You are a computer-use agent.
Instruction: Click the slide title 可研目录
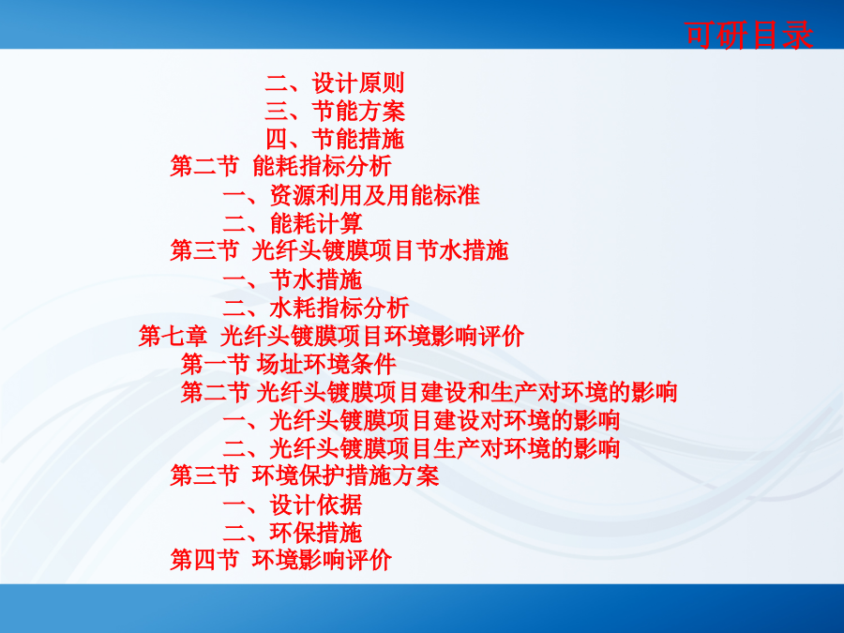click(748, 36)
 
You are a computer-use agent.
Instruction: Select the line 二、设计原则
click(334, 83)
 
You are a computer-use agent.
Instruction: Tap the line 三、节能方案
click(334, 112)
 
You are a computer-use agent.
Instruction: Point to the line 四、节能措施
click(334, 140)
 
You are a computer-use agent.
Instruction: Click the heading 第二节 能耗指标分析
click(280, 166)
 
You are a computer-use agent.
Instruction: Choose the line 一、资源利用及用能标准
click(351, 195)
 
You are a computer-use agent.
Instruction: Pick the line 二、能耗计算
click(293, 223)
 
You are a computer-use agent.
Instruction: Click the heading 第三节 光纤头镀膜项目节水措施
click(339, 250)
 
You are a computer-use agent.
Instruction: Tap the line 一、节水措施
click(293, 279)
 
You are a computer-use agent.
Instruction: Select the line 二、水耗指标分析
click(316, 308)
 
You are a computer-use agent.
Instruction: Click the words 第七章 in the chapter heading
click(173, 336)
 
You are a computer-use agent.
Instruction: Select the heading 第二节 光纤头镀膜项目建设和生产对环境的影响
click(429, 392)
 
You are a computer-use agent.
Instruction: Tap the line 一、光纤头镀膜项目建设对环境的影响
click(421, 420)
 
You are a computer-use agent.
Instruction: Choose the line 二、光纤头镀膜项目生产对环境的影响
click(421, 448)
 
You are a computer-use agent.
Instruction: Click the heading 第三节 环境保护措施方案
click(305, 475)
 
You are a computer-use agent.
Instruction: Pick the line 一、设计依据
click(293, 505)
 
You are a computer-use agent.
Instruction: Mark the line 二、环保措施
click(293, 533)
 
